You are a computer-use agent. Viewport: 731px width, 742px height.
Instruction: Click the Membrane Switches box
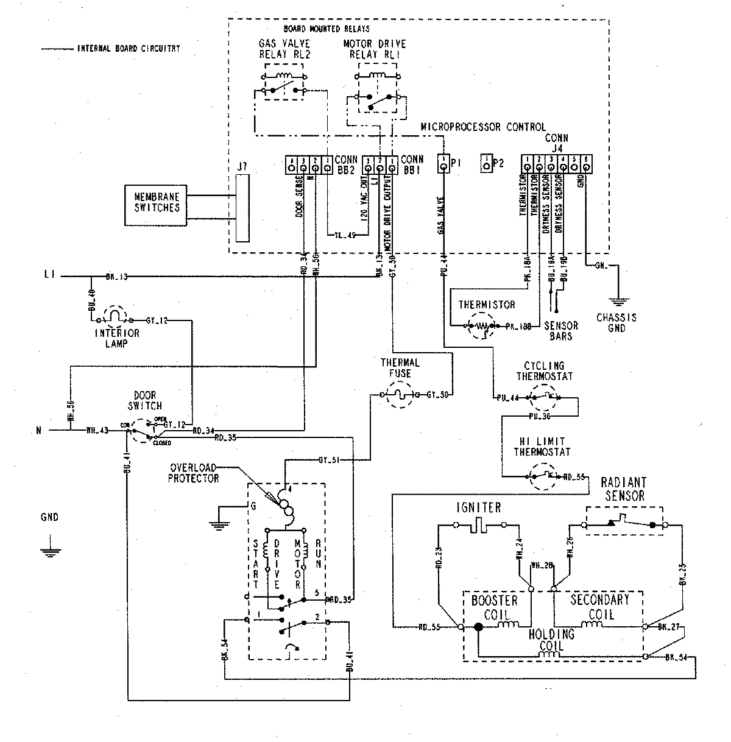click(x=158, y=203)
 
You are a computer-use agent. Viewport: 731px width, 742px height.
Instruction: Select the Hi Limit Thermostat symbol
click(x=542, y=476)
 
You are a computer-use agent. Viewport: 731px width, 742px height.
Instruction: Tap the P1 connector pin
click(x=443, y=164)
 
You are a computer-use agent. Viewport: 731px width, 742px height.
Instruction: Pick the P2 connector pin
click(x=486, y=164)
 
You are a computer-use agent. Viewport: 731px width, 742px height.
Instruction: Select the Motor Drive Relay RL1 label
click(x=375, y=49)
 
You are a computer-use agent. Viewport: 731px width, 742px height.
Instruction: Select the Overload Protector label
click(x=195, y=473)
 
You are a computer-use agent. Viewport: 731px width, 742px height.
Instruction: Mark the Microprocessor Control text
click(x=483, y=127)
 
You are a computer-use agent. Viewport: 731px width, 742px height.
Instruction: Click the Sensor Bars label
click(x=561, y=331)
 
